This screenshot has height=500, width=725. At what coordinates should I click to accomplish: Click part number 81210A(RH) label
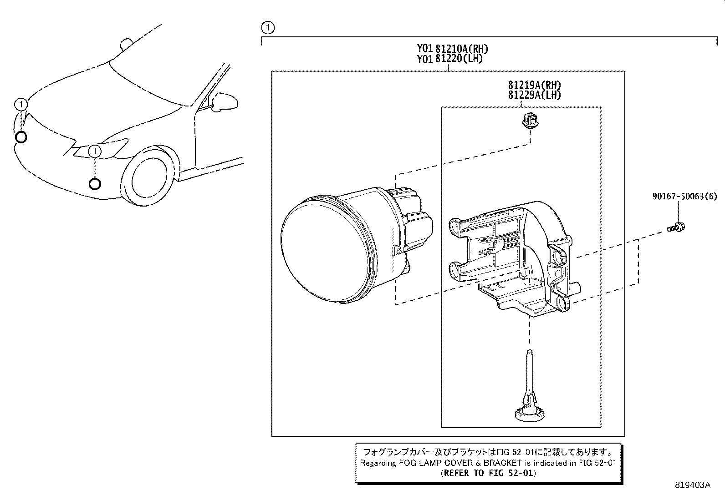463,49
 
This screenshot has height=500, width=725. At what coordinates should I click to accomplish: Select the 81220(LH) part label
459,59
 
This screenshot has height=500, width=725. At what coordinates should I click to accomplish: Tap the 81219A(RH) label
535,85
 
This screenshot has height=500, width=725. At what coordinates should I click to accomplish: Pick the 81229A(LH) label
535,95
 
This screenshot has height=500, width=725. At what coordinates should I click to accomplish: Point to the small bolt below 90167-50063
677,227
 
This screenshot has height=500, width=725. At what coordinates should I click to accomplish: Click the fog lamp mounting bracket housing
510,259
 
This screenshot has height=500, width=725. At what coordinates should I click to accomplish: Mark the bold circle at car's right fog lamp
95,184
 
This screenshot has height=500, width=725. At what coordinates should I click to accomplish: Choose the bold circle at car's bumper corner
21,137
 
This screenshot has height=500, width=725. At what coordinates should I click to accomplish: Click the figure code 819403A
693,485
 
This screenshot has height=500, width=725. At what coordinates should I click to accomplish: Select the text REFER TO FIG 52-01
488,473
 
